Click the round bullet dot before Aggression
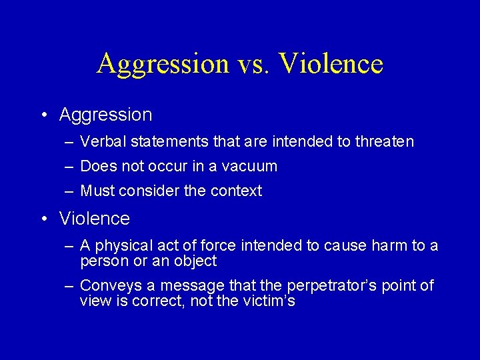[x=44, y=115]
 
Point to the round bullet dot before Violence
[x=44, y=219]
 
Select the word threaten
[x=385, y=141]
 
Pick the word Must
[x=97, y=191]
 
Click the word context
[x=236, y=191]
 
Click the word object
[x=196, y=261]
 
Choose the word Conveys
[x=107, y=286]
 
